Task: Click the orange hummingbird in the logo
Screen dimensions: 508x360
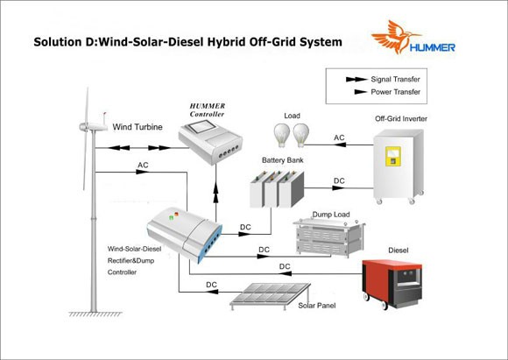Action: (x=393, y=36)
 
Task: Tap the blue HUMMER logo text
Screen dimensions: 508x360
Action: (x=432, y=47)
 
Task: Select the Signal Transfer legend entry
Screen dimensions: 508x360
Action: (x=383, y=80)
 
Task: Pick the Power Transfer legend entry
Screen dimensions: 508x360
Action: (x=387, y=92)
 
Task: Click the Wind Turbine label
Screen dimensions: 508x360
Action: (x=138, y=127)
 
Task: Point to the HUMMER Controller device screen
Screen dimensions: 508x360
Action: (x=200, y=127)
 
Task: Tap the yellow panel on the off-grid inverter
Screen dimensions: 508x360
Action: (x=393, y=156)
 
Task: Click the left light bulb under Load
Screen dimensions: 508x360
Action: (x=281, y=135)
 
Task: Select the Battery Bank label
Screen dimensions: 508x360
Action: (x=283, y=160)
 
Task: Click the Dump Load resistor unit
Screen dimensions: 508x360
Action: (x=328, y=238)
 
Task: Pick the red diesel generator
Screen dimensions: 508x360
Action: (x=392, y=284)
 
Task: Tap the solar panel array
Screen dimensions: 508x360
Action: (x=270, y=296)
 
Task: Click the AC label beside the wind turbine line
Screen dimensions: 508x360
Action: (x=143, y=166)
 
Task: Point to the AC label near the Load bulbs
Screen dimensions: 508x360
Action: (x=339, y=138)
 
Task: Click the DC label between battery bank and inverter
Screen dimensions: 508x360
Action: (x=339, y=180)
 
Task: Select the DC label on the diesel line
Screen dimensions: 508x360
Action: (x=285, y=266)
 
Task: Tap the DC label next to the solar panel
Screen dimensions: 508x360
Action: (x=212, y=285)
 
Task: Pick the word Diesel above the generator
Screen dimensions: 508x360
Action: (x=399, y=251)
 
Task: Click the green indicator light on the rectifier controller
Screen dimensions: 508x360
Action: (x=171, y=218)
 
